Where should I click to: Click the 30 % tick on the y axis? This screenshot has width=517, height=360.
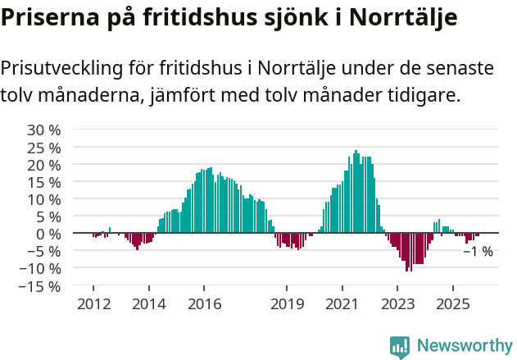[43, 130]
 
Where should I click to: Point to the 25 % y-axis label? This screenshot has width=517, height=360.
[43, 148]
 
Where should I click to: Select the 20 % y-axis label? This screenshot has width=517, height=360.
[43, 165]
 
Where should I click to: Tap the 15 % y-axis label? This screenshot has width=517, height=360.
[43, 182]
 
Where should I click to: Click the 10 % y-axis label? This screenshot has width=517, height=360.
[43, 199]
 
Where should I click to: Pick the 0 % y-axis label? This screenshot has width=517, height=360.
[48, 234]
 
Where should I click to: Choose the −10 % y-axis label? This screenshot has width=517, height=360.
[40, 268]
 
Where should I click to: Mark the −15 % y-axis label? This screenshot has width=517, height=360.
[40, 286]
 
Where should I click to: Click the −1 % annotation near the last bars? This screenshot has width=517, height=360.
[478, 252]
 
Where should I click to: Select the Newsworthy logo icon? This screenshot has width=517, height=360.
[400, 346]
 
